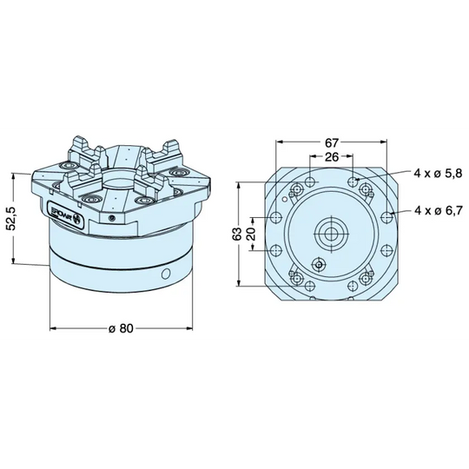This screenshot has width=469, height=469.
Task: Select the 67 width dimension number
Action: [x=331, y=142]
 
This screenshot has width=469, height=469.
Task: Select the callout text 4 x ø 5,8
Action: [x=438, y=174]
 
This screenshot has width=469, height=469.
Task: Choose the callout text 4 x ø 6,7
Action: [x=438, y=210]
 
